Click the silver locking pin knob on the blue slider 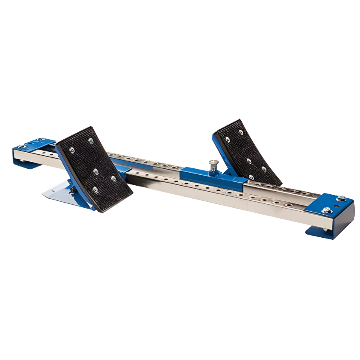click(213, 163)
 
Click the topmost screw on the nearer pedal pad click(90, 141)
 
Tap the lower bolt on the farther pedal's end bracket click(324, 210)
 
